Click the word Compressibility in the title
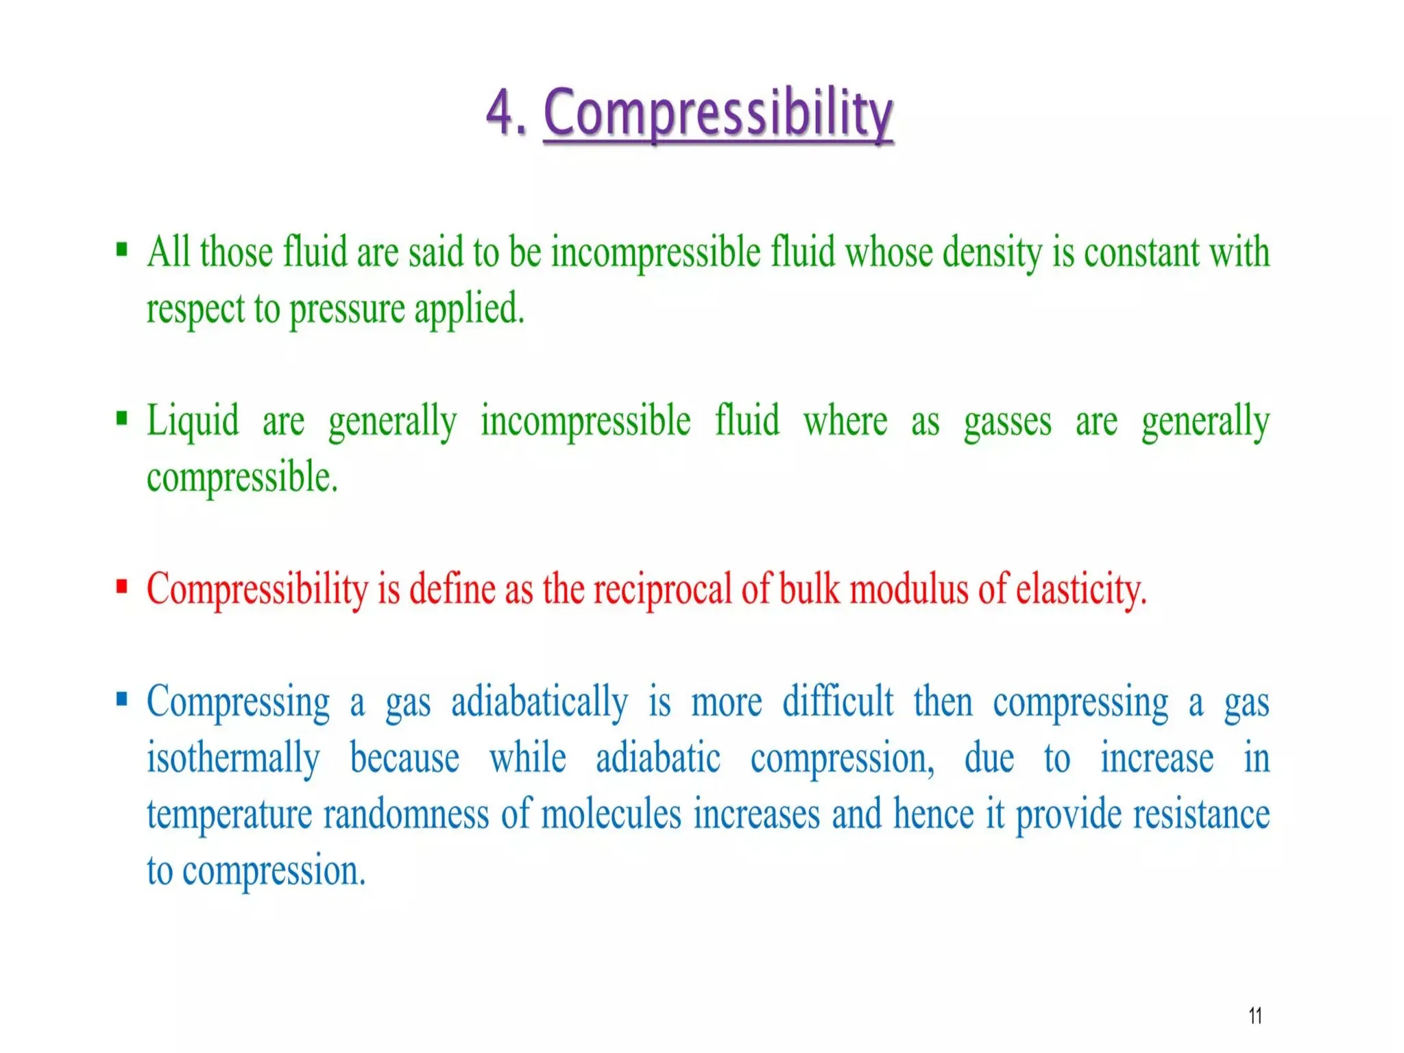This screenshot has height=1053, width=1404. point(718,113)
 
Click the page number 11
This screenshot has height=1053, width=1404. point(1255,1015)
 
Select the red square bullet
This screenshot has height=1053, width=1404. point(122,587)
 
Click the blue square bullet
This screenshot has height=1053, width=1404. point(122,699)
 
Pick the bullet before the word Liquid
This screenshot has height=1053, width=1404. point(122,417)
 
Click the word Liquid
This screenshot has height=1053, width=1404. point(193,421)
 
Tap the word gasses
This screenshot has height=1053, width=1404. point(1006,421)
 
